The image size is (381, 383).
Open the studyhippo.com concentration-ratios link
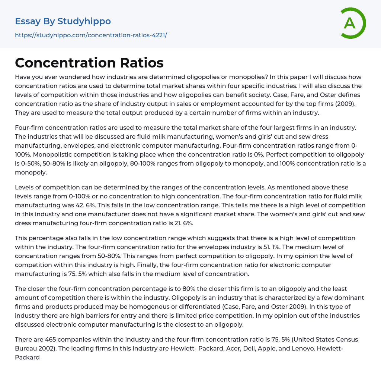click(x=91, y=35)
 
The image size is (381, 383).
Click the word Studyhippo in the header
click(x=84, y=21)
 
